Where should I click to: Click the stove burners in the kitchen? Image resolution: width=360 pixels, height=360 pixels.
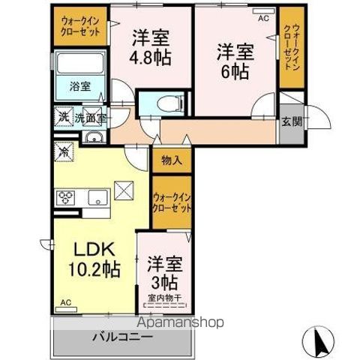point(64,198)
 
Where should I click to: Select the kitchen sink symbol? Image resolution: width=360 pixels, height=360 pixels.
point(97,198)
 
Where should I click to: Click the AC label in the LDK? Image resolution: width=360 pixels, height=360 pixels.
point(65,303)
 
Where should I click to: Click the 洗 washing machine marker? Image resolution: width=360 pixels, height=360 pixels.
point(61,117)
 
